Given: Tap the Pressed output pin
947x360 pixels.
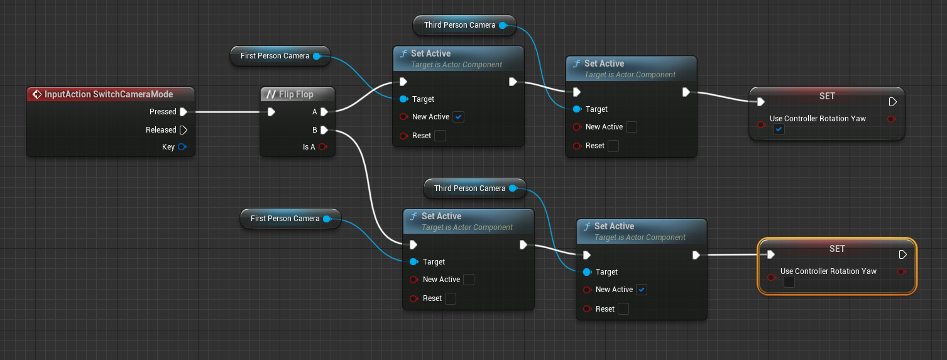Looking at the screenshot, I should (183, 112).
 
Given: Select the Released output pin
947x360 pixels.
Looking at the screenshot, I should (183, 130).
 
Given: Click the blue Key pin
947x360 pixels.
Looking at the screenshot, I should (182, 147).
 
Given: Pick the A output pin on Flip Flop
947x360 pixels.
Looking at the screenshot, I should (324, 112).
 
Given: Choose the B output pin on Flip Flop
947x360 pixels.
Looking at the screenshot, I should (324, 130).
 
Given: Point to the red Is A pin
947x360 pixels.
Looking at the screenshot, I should (323, 147).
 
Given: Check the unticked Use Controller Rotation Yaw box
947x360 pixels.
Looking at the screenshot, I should (789, 282).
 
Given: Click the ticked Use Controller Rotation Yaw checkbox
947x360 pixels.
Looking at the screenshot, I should (779, 129).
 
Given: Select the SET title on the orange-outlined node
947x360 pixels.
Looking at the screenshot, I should (837, 249).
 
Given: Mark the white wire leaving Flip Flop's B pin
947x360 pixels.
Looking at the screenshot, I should (364, 163).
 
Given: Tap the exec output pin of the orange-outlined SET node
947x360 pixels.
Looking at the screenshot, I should (903, 254).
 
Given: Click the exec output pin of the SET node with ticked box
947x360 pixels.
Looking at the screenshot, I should (893, 102).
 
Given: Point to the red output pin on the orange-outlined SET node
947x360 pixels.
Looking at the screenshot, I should (902, 271).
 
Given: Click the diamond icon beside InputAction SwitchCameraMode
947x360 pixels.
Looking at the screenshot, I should (36, 94).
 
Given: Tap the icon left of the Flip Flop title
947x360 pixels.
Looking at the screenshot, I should (271, 94).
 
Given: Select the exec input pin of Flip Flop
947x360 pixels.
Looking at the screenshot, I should (271, 112).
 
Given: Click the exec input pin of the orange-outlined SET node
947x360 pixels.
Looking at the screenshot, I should (770, 254).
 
